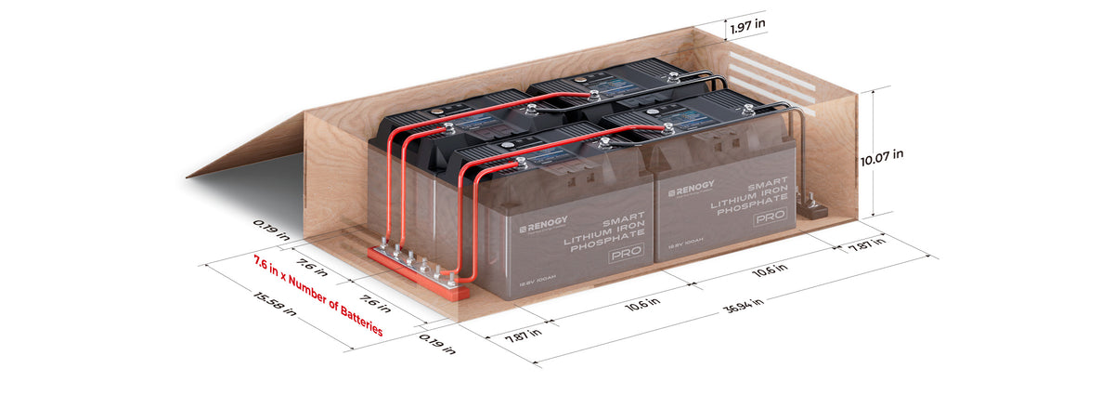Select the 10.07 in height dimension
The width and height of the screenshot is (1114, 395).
(x=881, y=160)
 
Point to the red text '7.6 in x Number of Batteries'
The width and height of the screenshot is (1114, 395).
(x=317, y=294)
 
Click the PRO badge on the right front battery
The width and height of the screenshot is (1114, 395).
(x=767, y=217)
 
